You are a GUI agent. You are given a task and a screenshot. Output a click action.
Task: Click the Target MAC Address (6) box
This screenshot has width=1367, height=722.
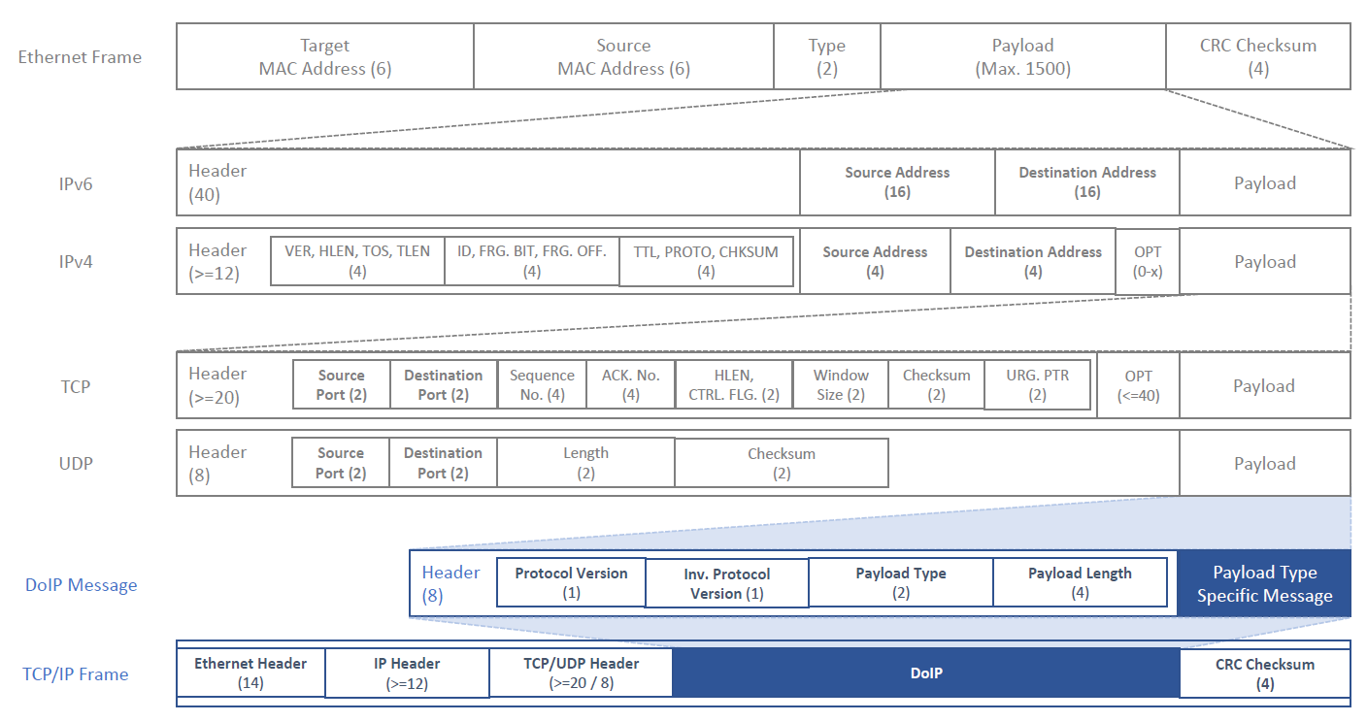(325, 56)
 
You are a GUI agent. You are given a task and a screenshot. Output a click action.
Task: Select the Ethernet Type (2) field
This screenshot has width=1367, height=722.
(827, 56)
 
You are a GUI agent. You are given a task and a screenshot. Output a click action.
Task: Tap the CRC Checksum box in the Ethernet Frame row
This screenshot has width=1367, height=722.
(1257, 56)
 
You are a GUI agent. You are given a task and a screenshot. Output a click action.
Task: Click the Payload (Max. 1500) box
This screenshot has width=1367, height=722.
(1022, 56)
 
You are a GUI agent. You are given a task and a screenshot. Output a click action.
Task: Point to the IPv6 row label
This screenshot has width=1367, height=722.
(76, 183)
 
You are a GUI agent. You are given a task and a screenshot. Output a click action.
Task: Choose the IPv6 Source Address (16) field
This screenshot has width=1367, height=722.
(897, 182)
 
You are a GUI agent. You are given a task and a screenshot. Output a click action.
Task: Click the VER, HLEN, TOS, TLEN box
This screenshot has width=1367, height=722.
(357, 261)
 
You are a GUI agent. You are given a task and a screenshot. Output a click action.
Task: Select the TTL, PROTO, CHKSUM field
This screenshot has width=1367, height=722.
(706, 262)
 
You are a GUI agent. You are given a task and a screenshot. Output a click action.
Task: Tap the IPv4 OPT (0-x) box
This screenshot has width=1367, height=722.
(1148, 262)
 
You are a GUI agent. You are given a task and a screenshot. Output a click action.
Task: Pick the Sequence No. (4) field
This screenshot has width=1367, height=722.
(542, 385)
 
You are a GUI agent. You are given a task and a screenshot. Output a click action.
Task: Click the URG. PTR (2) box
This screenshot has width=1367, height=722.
(1038, 385)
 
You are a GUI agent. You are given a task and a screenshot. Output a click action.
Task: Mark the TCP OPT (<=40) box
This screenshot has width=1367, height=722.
(1138, 385)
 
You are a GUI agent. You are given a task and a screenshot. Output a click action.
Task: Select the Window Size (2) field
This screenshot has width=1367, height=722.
(841, 385)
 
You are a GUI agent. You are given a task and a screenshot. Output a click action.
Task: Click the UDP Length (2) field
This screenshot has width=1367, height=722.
(585, 463)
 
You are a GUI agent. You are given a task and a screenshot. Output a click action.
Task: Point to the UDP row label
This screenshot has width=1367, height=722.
(76, 464)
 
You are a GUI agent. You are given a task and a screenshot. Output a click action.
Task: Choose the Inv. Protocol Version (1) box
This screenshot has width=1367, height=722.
(727, 583)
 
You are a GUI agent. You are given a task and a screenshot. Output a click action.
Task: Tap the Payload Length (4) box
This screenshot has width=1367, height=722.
(1080, 582)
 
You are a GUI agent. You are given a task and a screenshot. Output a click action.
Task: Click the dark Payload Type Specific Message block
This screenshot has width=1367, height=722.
(1264, 583)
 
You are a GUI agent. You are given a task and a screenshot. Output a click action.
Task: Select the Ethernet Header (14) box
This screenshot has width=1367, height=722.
(250, 673)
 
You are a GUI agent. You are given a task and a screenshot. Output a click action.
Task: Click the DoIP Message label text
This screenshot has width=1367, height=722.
(82, 585)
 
